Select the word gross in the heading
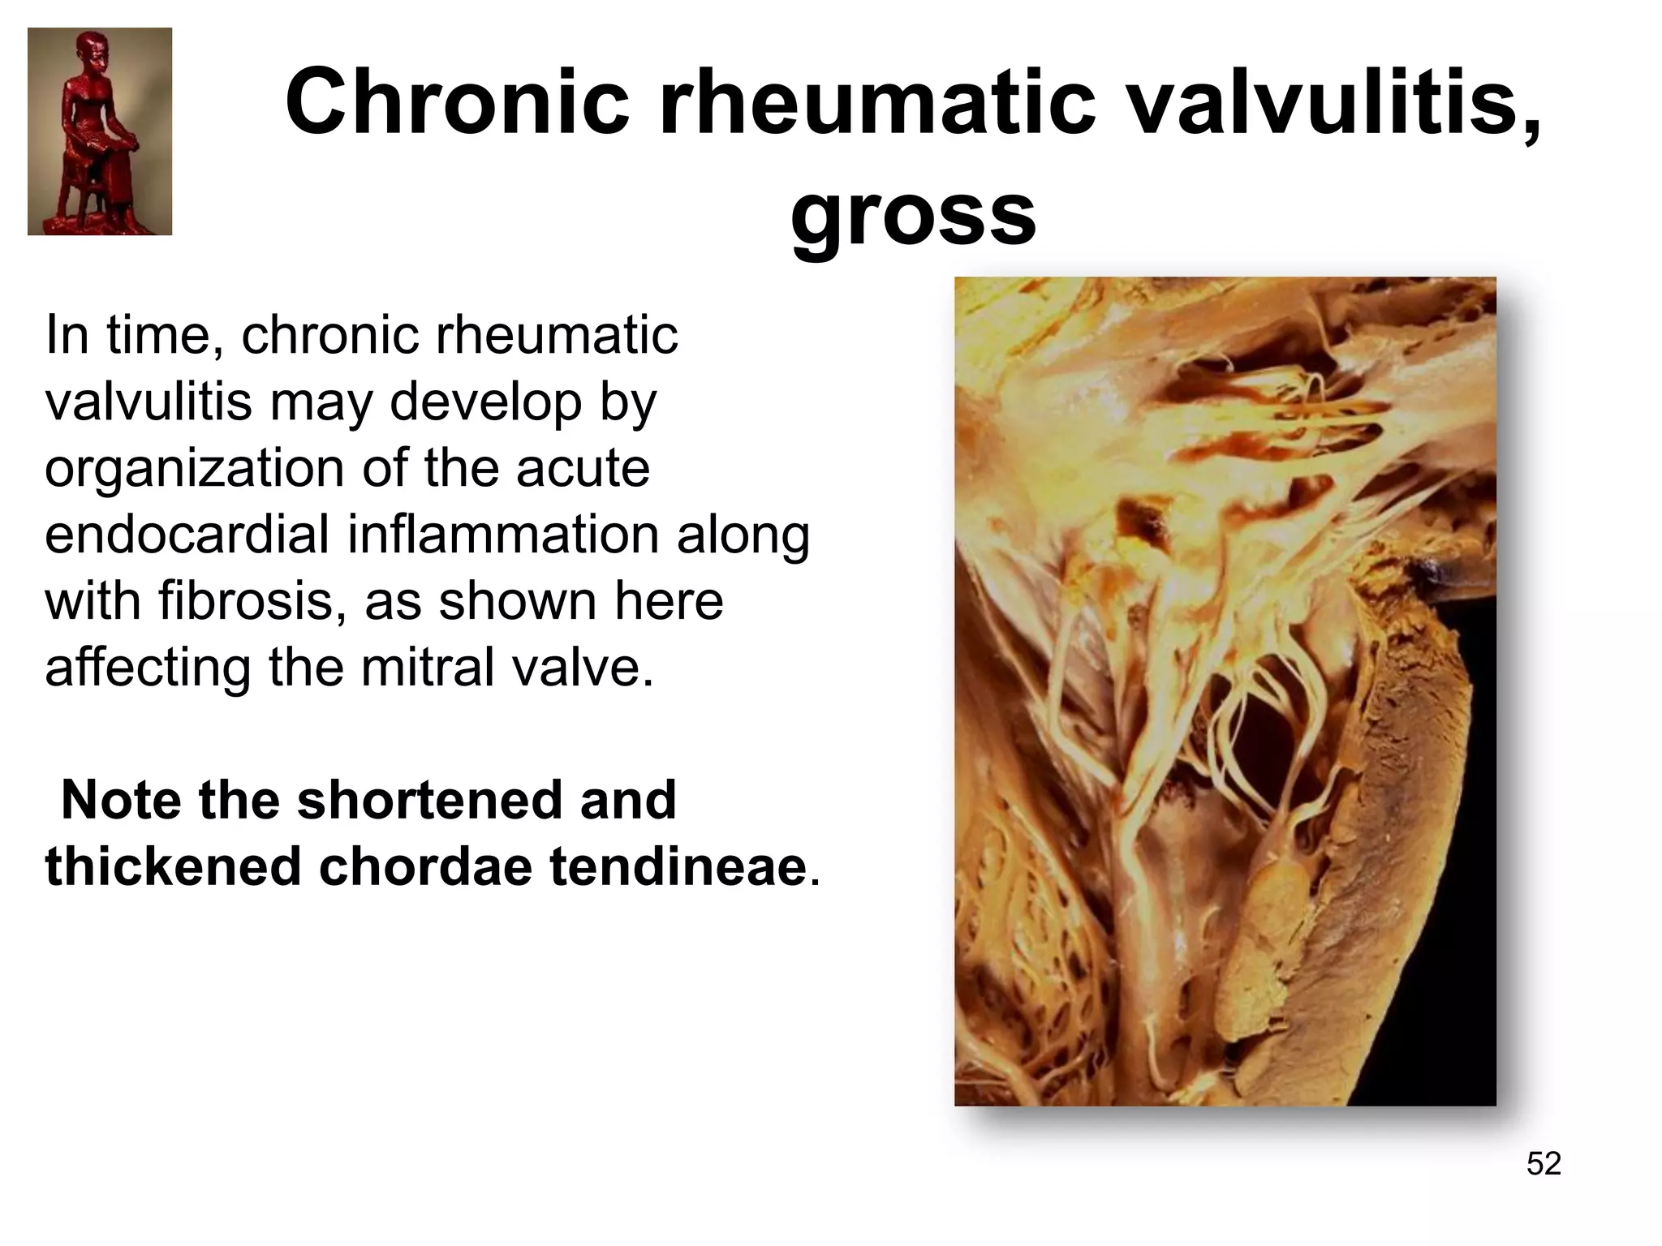[913, 216]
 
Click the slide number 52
[1544, 1163]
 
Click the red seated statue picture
[100, 131]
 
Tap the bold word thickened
[174, 866]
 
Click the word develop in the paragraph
[486, 402]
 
